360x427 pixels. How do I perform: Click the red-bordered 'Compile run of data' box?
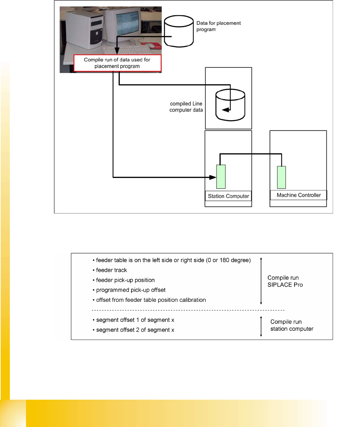point(117,63)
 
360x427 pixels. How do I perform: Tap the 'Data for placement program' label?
point(218,26)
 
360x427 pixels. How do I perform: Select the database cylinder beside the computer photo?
point(179,31)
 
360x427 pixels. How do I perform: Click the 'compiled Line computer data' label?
point(186,107)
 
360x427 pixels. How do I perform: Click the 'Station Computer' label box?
point(228,196)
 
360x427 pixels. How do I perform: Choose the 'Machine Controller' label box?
point(298,195)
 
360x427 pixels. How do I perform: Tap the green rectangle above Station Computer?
point(221,177)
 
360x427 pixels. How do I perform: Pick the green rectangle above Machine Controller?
point(281,177)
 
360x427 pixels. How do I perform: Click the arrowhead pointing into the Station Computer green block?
point(213,177)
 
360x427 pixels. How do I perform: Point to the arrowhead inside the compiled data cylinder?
point(226,110)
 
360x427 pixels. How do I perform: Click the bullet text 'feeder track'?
point(111,270)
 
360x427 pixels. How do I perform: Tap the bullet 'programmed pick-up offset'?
point(130,290)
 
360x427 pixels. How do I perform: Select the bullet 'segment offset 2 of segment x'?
point(135,330)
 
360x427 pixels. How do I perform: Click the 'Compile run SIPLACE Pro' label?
point(285,281)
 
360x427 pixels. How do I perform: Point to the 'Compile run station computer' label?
point(291,325)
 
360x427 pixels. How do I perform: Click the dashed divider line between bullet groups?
point(188,310)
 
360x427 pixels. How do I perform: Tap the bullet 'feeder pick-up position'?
point(125,280)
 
